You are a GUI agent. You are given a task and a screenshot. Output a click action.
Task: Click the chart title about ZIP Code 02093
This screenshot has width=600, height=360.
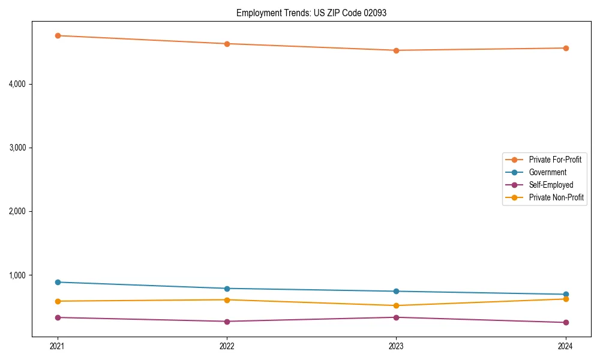311,13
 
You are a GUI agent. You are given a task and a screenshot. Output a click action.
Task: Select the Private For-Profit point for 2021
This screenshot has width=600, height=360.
58,36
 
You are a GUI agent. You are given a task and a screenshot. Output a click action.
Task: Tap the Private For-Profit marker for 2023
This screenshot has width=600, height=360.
396,50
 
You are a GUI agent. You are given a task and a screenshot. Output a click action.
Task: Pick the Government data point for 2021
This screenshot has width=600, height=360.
58,282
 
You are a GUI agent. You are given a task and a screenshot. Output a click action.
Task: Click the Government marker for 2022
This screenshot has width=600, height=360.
227,289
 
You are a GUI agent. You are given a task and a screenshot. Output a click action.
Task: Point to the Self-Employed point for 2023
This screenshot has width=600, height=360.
396,317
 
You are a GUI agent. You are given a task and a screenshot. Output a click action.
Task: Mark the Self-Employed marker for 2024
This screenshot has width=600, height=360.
565,323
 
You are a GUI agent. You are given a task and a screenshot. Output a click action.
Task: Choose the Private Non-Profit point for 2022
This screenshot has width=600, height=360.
227,300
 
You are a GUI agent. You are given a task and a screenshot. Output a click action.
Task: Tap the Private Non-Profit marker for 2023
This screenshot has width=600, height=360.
396,305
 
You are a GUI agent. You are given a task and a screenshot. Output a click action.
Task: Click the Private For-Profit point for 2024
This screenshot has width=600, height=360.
565,48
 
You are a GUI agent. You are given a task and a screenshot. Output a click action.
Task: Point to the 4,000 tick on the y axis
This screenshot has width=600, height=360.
17,84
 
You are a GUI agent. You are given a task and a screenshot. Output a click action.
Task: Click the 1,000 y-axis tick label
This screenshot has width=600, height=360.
17,275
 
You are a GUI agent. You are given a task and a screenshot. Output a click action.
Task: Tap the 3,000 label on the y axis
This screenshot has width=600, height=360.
17,148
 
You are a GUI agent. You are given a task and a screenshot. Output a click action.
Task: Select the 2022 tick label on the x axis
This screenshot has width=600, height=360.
227,346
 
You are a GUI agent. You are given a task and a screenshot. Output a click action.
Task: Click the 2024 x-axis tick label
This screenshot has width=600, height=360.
565,346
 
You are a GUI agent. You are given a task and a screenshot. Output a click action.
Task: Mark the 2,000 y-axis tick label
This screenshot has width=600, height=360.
17,212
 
